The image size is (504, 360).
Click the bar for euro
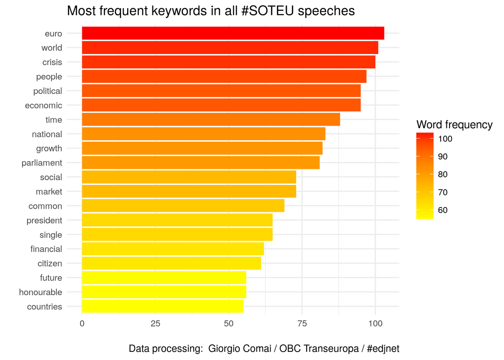point(233,33)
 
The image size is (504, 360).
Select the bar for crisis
point(228,62)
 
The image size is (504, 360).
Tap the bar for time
point(211,120)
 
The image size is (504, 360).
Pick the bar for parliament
point(201,163)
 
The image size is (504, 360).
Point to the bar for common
point(183,206)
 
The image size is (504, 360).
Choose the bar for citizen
point(171,263)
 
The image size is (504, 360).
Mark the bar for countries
point(162,306)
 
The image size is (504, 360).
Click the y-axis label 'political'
point(48,91)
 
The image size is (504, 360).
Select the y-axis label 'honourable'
point(40,292)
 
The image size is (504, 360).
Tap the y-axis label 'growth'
point(49,148)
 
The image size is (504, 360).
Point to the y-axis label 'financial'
point(46,249)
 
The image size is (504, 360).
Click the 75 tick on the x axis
point(302,323)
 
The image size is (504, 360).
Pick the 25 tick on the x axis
point(155,323)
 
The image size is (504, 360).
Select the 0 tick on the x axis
point(82,323)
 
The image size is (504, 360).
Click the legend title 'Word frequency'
point(455,125)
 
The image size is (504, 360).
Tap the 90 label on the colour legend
point(443,157)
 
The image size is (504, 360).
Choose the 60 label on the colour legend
point(443,210)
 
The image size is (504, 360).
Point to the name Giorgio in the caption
point(224,349)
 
